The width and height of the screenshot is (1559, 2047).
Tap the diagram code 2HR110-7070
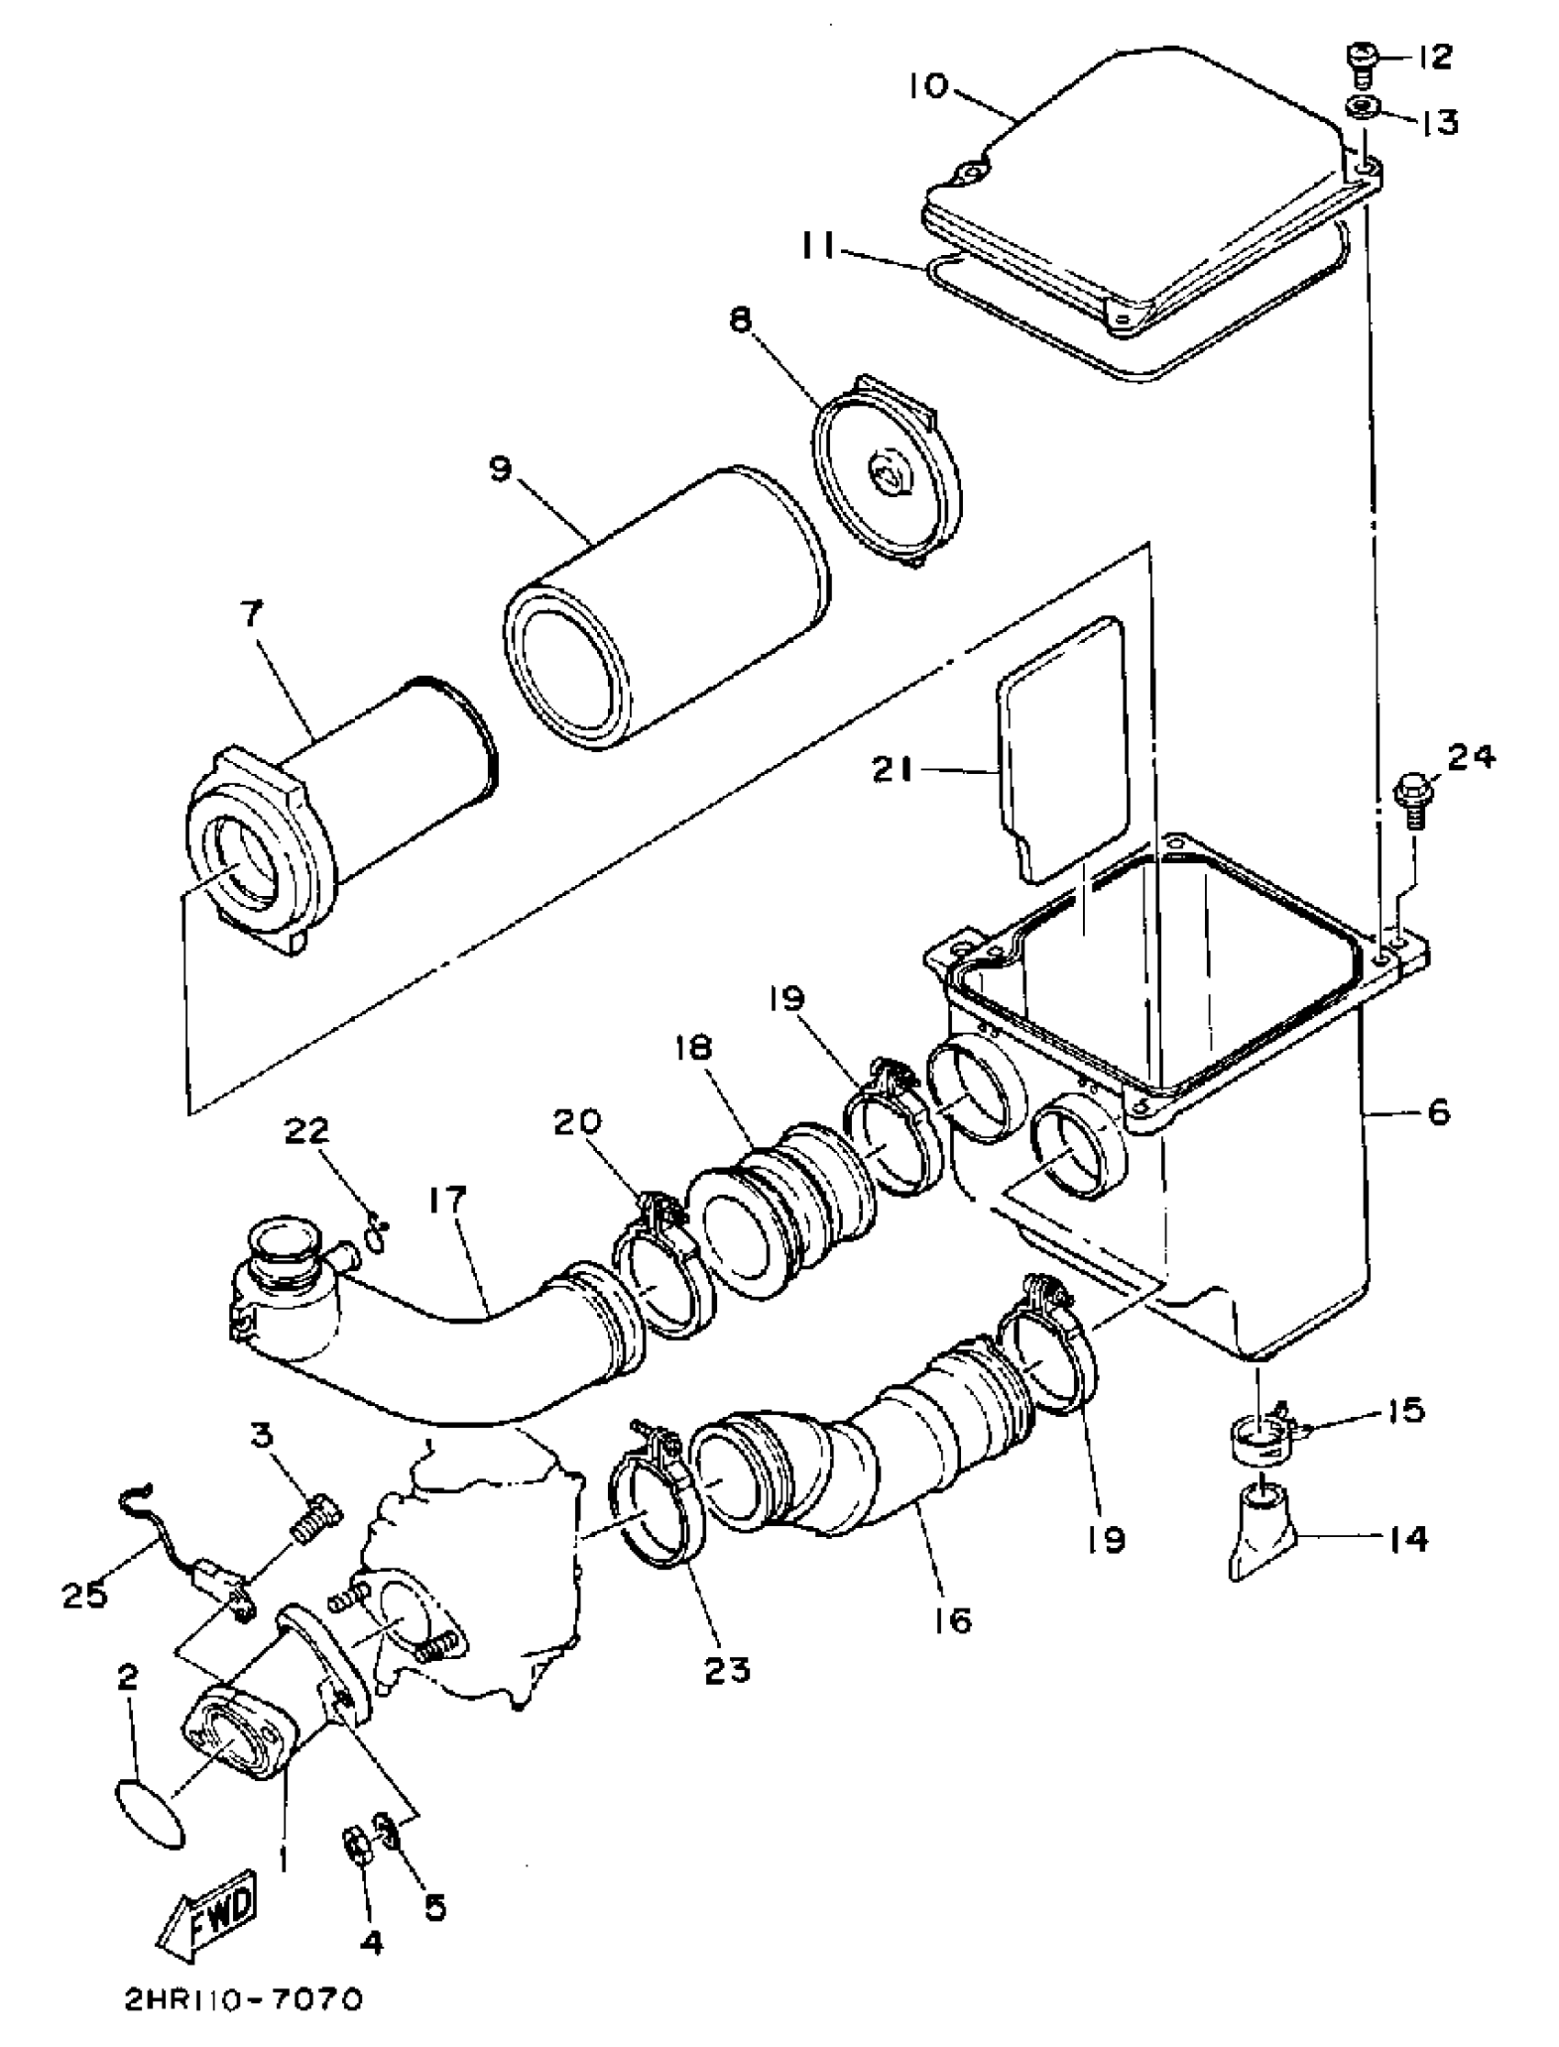(x=243, y=2020)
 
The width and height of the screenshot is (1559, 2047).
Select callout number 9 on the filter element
(x=500, y=470)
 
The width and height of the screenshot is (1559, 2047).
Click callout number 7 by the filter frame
(x=252, y=614)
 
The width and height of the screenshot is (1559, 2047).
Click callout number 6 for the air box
(x=1437, y=1112)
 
